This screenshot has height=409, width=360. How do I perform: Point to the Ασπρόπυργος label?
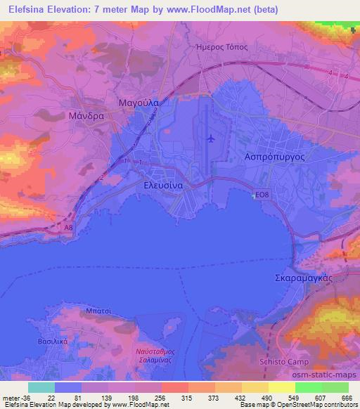pyautogui.click(x=274, y=157)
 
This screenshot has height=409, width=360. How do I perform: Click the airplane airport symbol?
pyautogui.click(x=210, y=138)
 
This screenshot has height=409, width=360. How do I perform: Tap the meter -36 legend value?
pyautogui.click(x=15, y=398)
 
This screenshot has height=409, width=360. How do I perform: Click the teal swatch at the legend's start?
pyautogui.click(x=41, y=387)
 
